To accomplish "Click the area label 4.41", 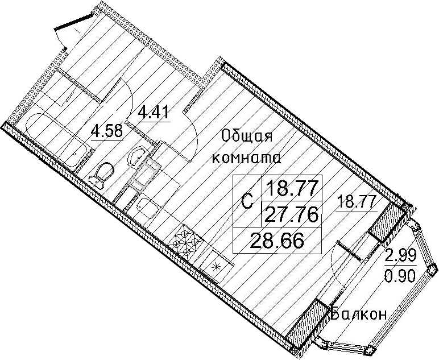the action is click(154, 112).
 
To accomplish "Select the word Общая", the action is click(246, 138).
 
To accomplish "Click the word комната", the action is click(247, 159).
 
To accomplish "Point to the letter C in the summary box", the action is click(247, 201).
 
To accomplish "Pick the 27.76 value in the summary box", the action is click(292, 215).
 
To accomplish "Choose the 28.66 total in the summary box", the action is click(277, 241).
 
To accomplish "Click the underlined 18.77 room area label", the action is click(357, 202).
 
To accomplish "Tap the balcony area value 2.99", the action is click(401, 255).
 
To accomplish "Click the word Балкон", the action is click(359, 315).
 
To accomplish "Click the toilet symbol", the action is click(101, 175).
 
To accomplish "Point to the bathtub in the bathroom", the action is click(56, 140).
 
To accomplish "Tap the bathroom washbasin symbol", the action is click(136, 156).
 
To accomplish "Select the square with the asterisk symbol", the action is click(216, 266).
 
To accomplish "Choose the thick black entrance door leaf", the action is click(73, 21).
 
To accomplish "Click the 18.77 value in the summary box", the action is click(292, 188).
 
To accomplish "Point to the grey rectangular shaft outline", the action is click(145, 174).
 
